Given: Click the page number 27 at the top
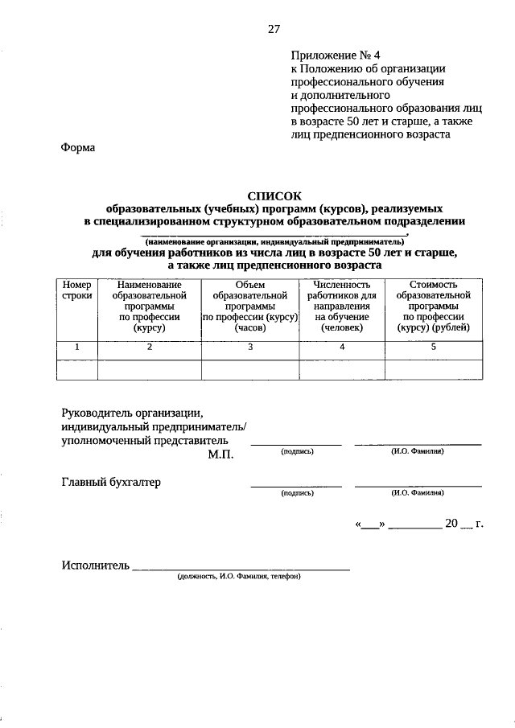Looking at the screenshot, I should point(274,29).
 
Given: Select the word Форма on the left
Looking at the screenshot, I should point(77,147).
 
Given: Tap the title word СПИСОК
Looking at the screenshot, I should point(274,195).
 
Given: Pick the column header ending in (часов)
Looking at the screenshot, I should point(250,306).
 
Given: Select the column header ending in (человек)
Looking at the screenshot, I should point(342,306).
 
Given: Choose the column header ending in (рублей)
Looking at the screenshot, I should point(433,306).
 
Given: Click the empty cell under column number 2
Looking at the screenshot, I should point(149,368).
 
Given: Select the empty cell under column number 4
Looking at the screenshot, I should point(342,368).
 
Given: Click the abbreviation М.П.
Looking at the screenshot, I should point(220,454).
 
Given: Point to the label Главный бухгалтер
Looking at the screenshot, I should point(111,483).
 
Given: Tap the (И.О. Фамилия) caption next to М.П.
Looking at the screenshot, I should point(418,451).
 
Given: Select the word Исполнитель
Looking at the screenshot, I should point(95,566).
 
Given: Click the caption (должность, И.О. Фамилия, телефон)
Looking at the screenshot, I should point(239,577).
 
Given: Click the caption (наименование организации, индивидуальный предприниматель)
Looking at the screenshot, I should point(274,241).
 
